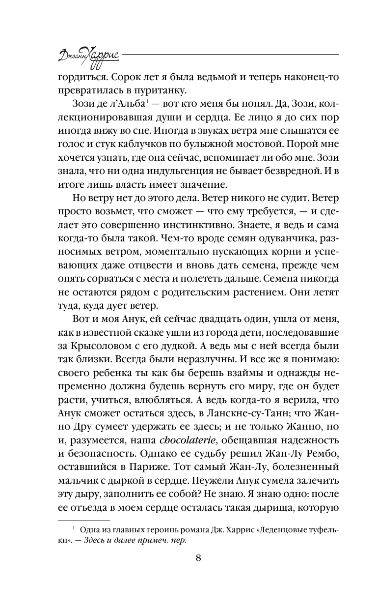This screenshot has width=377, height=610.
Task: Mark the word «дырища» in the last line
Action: (273, 503)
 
